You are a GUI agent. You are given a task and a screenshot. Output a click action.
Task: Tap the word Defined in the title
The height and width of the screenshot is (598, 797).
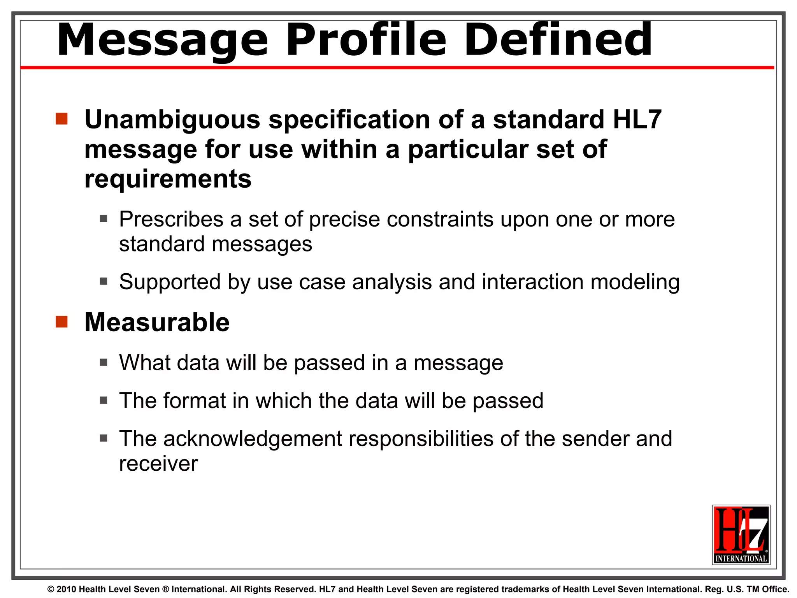(x=558, y=40)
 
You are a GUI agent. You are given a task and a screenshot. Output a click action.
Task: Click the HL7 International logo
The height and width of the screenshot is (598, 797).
(x=741, y=534)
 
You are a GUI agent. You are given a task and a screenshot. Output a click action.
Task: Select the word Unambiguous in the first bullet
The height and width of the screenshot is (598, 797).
(x=172, y=120)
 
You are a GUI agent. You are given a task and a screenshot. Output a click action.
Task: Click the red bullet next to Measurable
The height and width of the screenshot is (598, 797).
(x=61, y=322)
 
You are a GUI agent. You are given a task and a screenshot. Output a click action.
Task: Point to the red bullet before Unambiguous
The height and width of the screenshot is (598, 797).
(x=61, y=119)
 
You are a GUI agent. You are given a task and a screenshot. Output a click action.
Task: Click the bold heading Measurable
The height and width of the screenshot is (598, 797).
(x=157, y=322)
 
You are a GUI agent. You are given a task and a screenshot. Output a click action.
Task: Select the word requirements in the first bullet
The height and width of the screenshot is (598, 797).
(x=168, y=179)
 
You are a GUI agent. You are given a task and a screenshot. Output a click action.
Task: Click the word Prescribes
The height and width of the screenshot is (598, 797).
(x=171, y=219)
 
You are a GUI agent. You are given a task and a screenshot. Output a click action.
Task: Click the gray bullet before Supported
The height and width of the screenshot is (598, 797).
(x=104, y=281)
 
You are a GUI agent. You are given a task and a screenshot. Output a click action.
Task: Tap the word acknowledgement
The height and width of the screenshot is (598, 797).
(x=252, y=439)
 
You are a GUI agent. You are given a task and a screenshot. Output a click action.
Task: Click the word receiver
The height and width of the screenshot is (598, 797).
(x=158, y=464)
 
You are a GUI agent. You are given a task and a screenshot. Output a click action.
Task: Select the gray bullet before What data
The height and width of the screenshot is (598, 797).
(x=104, y=362)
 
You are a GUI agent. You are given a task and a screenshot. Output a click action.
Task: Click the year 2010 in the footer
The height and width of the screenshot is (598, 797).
(x=66, y=589)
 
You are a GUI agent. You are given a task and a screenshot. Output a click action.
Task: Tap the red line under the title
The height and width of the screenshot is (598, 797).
(x=397, y=68)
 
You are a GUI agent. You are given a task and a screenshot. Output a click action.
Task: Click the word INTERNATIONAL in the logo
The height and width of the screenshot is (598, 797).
(x=741, y=559)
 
